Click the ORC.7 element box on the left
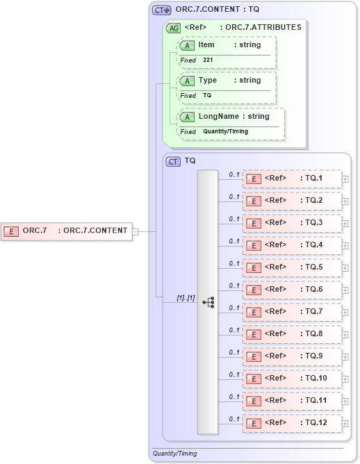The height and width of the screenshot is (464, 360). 66,231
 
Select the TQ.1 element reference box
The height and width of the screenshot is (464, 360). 292,179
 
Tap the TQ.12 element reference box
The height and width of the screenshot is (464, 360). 292,423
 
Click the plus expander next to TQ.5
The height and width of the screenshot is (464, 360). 345,268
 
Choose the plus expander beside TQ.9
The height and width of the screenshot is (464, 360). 345,357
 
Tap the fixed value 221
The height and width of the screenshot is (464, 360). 208,60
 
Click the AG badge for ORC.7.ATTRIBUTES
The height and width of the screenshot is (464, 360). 173,28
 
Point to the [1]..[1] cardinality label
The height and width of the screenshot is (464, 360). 186,298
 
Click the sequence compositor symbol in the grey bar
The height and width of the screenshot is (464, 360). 208,302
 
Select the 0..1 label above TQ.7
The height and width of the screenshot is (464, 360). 234,308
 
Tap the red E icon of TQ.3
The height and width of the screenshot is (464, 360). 255,223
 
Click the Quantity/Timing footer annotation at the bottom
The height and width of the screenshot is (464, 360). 174,454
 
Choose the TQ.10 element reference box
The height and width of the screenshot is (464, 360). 292,379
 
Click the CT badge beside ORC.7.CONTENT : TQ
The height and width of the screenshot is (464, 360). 162,10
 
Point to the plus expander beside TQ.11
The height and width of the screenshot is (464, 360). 345,401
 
